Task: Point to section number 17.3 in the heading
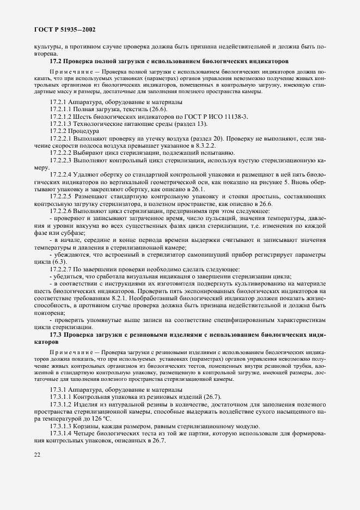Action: click(58, 333)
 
